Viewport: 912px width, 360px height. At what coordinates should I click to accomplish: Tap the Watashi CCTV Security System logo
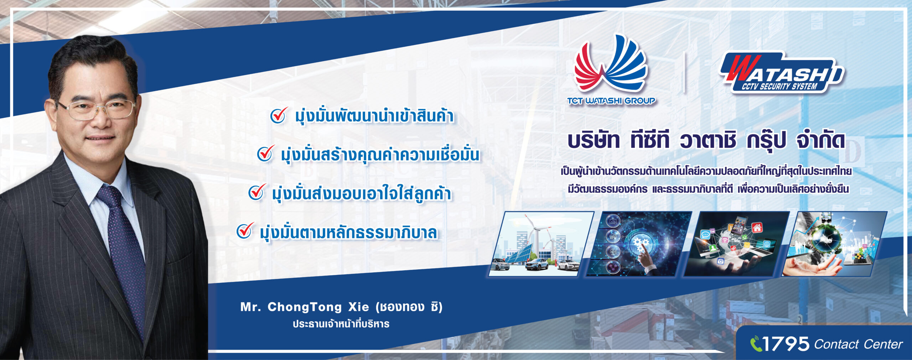[782, 73]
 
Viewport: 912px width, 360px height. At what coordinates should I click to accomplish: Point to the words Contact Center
[858, 344]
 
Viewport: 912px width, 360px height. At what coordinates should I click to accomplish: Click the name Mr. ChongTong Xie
[305, 307]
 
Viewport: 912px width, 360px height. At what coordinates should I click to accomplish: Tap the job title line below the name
[341, 324]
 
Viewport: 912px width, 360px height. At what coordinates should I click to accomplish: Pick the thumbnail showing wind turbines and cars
[541, 244]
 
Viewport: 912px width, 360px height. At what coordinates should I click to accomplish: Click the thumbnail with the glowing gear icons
[639, 244]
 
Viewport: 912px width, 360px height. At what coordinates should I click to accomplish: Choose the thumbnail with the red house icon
[736, 244]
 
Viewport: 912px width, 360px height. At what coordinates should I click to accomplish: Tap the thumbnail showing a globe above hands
[834, 244]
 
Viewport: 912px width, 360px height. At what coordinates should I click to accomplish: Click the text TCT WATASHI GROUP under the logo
[611, 101]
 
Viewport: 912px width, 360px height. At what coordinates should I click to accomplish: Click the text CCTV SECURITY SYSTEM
[779, 86]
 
